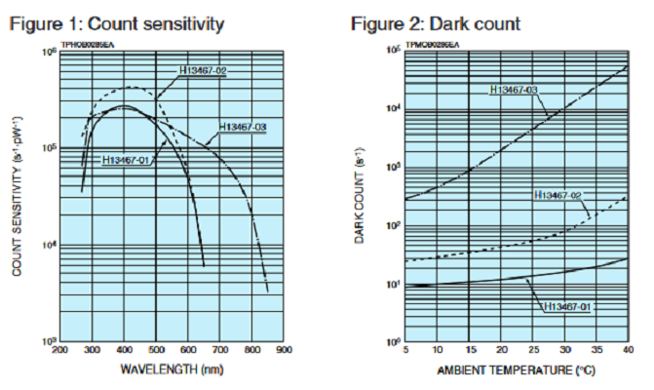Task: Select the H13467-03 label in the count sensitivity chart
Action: pos(243,128)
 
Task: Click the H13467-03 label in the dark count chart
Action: pos(513,91)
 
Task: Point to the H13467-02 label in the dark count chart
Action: pos(560,195)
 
